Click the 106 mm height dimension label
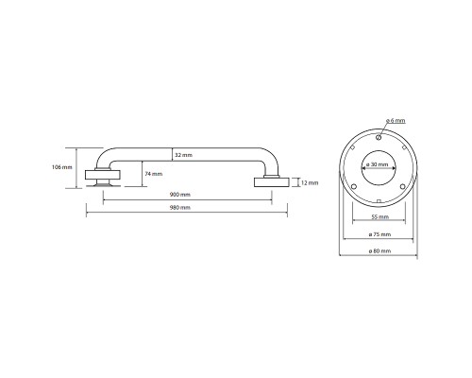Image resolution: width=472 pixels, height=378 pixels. (62, 167)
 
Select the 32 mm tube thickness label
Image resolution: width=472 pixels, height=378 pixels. (183, 155)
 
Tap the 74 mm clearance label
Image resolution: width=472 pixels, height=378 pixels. (154, 174)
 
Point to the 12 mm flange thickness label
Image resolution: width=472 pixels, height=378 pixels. (310, 182)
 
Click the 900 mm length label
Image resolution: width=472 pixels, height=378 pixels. (180, 195)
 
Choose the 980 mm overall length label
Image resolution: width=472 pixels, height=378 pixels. (180, 208)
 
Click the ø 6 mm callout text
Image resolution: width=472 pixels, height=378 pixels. (396, 120)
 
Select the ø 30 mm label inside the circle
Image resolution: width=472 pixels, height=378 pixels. (378, 164)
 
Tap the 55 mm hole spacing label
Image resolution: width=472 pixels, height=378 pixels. (380, 216)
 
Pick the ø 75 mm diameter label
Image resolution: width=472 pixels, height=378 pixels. (379, 234)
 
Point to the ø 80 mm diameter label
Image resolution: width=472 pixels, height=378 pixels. (379, 251)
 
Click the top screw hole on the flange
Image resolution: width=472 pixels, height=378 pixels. (379, 137)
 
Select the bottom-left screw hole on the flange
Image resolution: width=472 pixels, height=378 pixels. (353, 187)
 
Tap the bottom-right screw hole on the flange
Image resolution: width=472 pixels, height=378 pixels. (402, 187)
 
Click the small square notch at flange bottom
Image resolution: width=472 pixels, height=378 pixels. (379, 201)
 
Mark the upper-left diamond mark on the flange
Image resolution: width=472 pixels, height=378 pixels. (353, 147)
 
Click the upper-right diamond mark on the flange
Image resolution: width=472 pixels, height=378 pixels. (404, 147)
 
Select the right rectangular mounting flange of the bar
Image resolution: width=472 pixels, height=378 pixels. (271, 182)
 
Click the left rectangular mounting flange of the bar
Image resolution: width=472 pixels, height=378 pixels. (103, 175)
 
